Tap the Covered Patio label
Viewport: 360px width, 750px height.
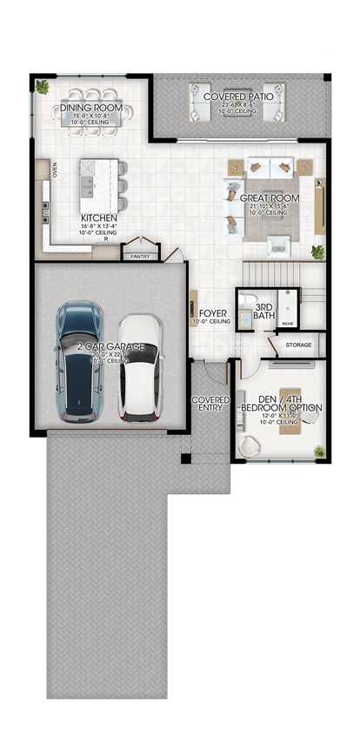pyautogui.click(x=238, y=97)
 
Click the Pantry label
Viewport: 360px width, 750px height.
pyautogui.click(x=138, y=257)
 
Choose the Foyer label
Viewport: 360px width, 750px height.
pyautogui.click(x=213, y=312)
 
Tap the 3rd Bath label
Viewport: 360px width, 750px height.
pyautogui.click(x=264, y=310)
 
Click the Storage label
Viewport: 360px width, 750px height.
pyautogui.click(x=298, y=345)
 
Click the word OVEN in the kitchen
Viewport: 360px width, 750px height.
pyautogui.click(x=54, y=169)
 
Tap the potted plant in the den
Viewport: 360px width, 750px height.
pyautogui.click(x=319, y=451)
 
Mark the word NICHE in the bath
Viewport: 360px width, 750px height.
pyautogui.click(x=288, y=323)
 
